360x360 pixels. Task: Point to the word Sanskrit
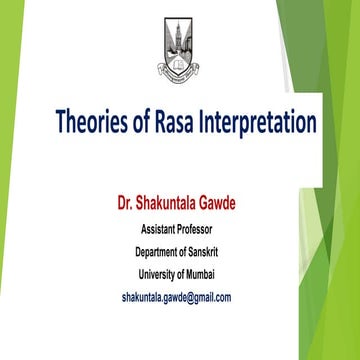click(216, 251)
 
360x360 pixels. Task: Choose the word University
click(158, 274)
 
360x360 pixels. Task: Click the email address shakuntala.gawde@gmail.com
click(176, 297)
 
